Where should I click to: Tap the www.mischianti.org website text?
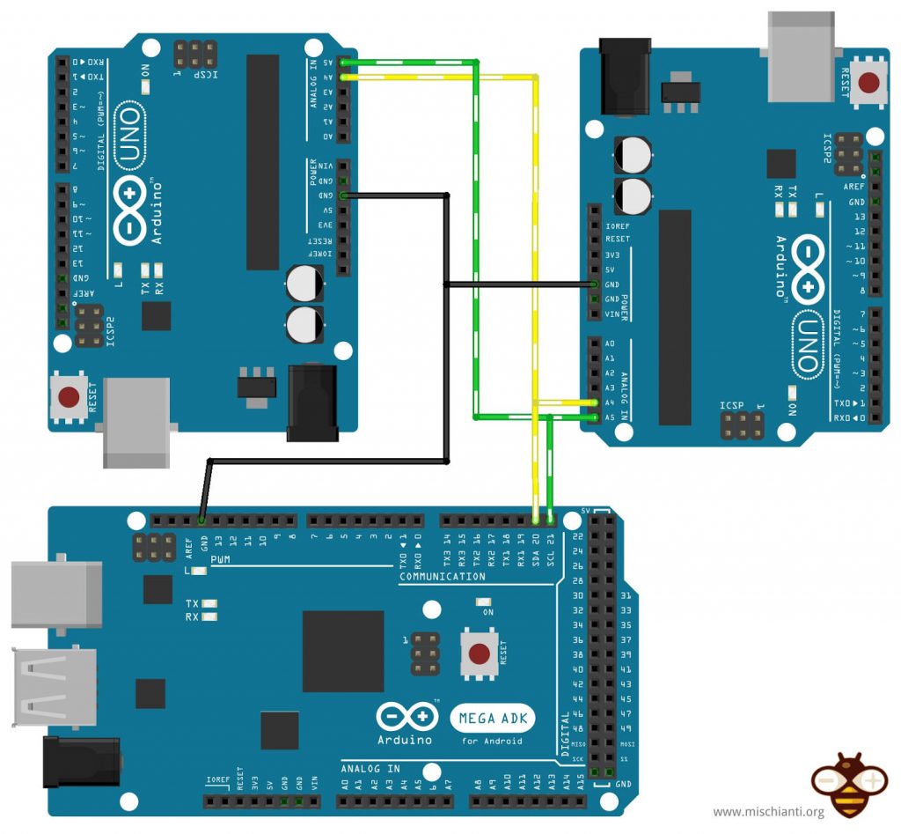[767, 812]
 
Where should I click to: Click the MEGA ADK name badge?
[493, 719]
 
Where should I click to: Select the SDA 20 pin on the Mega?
[535, 520]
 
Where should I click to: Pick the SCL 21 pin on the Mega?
[550, 520]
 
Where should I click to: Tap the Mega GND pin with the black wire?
[202, 520]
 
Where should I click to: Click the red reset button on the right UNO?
[868, 84]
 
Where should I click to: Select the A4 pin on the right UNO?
[596, 402]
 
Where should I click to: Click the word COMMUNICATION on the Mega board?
[442, 577]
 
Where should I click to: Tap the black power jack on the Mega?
[81, 763]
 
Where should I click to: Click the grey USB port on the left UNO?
[136, 423]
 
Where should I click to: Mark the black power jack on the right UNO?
[624, 76]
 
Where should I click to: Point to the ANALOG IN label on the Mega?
[370, 769]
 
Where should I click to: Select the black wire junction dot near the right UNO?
[447, 284]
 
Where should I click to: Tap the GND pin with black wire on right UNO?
[596, 284]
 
